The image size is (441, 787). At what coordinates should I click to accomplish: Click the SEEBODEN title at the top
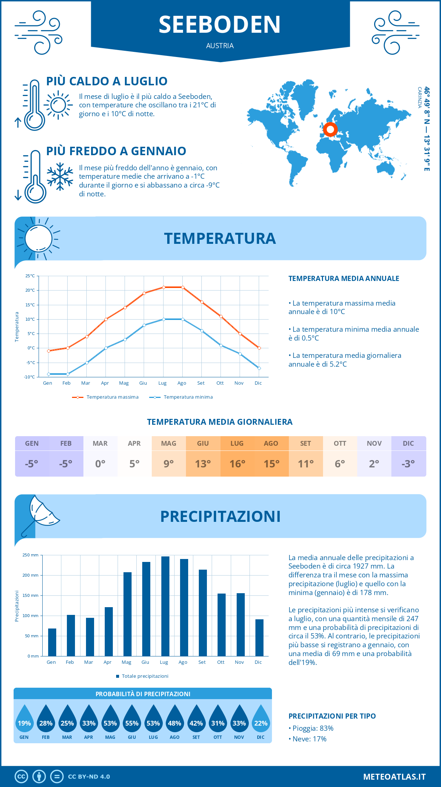[220, 25]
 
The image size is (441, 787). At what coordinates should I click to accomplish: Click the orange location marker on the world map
[330, 129]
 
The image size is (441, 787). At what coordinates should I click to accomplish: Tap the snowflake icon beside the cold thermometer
[60, 177]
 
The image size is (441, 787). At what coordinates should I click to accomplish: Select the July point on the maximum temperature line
[164, 287]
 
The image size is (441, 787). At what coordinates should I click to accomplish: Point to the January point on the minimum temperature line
[49, 374]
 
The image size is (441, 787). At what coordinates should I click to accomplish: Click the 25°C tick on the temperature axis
[30, 276]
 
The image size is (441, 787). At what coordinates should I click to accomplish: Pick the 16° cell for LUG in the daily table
[237, 464]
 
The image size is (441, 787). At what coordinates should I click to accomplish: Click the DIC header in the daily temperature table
[408, 444]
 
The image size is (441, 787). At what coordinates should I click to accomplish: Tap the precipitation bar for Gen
[52, 642]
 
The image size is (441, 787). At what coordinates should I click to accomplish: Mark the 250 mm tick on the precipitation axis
[31, 555]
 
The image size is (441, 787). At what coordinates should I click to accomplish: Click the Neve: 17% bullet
[308, 739]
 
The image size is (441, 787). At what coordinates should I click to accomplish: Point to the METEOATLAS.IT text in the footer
[394, 777]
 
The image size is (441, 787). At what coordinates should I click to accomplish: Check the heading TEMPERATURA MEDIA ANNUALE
[344, 278]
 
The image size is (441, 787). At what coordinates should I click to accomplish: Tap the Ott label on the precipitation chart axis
[220, 662]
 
